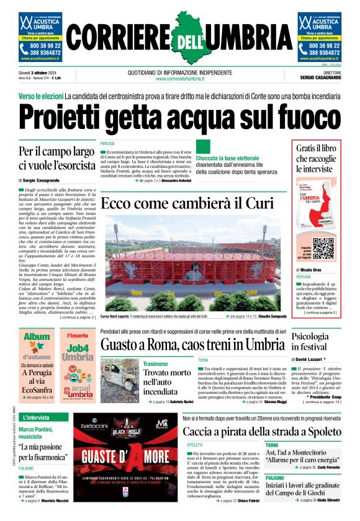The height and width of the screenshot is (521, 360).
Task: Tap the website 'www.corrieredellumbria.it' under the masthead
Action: pos(179,79)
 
